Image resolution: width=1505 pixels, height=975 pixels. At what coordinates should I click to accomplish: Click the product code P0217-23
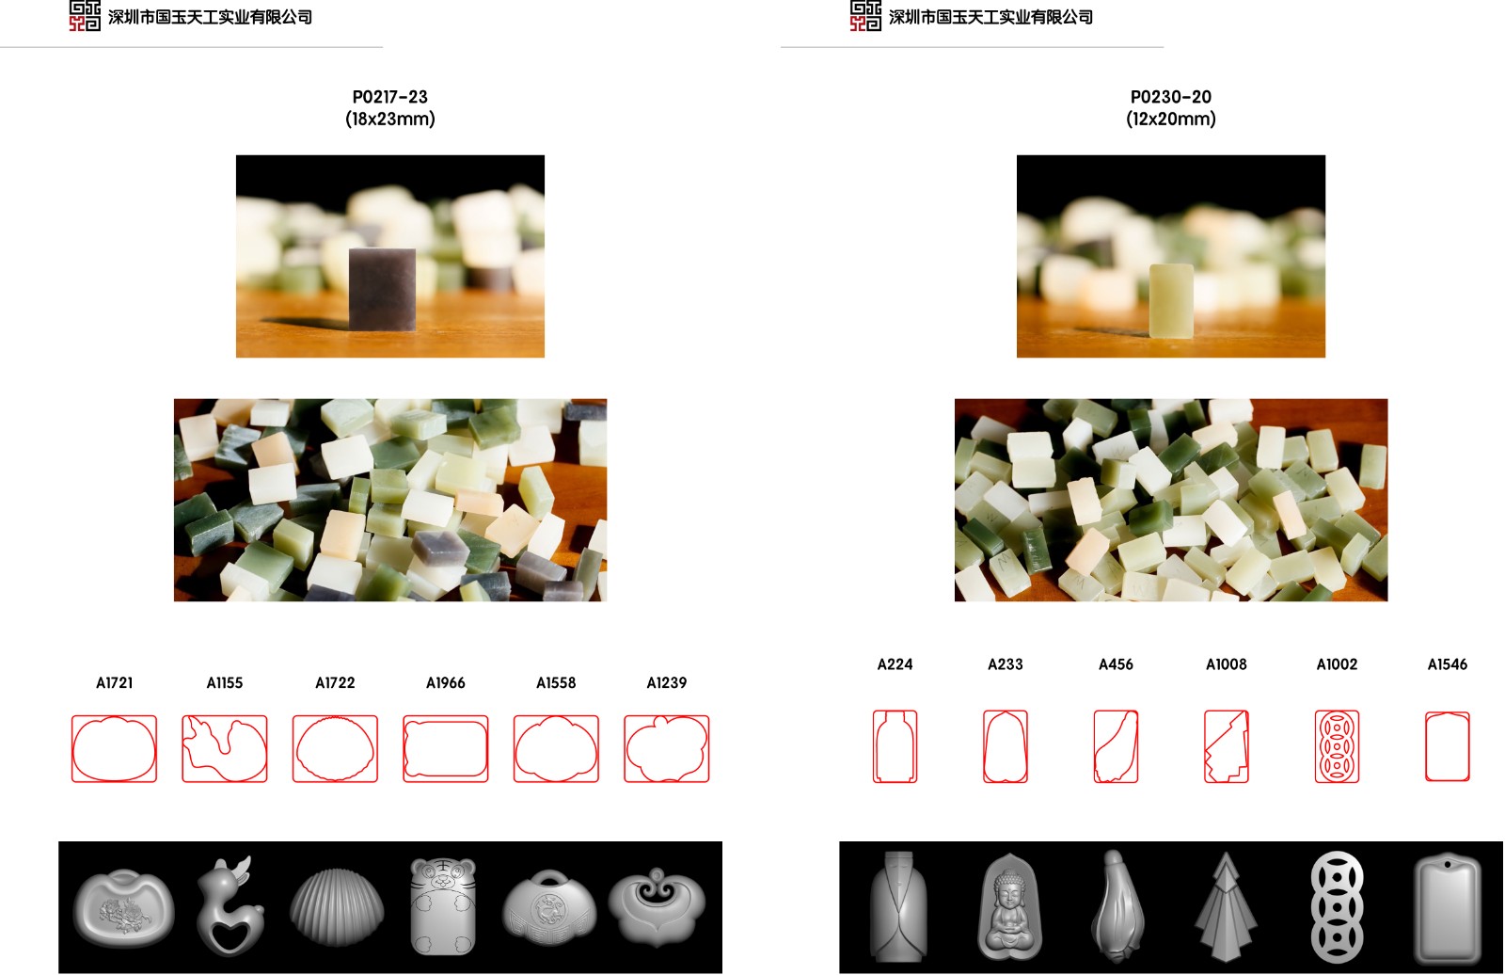click(x=389, y=97)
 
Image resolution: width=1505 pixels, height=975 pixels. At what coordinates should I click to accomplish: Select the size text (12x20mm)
click(x=1170, y=119)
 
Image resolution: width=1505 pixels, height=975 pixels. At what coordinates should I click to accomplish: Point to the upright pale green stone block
click(x=1170, y=300)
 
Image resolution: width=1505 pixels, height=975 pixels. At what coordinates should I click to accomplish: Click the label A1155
click(x=225, y=683)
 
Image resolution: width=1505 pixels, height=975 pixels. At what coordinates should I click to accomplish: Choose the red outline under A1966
click(x=446, y=748)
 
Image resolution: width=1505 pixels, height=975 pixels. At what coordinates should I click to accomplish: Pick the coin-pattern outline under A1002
click(x=1337, y=746)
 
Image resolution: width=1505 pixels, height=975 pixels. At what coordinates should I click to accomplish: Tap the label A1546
click(x=1448, y=664)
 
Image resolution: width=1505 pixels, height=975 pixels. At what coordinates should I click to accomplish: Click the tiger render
click(x=443, y=905)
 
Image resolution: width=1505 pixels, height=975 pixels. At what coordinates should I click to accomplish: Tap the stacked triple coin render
click(x=1337, y=906)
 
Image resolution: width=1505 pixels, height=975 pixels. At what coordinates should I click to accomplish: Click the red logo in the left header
click(x=85, y=15)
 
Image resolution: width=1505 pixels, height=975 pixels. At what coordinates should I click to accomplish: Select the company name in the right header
click(x=990, y=17)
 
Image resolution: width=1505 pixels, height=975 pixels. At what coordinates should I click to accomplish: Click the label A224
click(x=895, y=664)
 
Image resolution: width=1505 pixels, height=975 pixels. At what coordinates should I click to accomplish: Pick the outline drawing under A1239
click(x=667, y=748)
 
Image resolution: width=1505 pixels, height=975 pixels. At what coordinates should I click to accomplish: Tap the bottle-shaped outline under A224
click(x=895, y=746)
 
